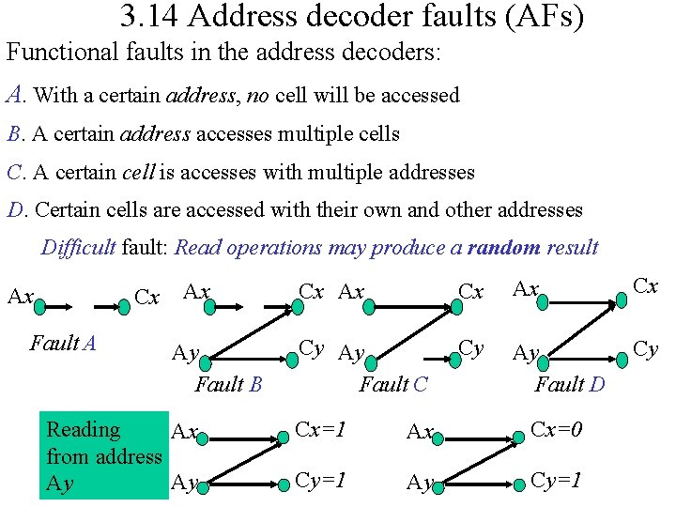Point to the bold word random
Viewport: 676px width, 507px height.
(503, 248)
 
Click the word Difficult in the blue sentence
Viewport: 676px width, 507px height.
(78, 248)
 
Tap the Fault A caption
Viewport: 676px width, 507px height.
(63, 344)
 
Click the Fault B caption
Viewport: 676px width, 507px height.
(228, 384)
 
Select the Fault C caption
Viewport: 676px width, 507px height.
(393, 384)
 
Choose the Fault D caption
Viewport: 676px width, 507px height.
(570, 384)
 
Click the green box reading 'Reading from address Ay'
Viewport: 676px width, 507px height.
(103, 456)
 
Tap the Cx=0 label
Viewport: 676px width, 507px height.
(557, 430)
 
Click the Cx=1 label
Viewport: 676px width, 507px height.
(321, 430)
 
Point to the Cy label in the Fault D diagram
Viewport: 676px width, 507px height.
(645, 349)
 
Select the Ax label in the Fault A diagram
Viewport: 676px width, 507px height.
(21, 298)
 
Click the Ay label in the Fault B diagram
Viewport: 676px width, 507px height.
(185, 354)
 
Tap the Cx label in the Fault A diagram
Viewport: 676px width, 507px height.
(147, 299)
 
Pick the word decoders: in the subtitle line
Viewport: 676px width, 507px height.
(390, 52)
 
